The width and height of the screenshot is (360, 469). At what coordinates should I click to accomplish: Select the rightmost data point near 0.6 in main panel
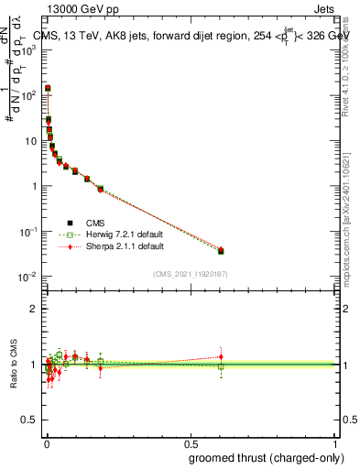click(x=221, y=250)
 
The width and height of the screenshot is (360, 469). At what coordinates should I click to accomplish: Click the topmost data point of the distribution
click(x=48, y=88)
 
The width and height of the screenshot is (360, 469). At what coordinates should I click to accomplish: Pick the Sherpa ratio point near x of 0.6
click(x=221, y=356)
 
